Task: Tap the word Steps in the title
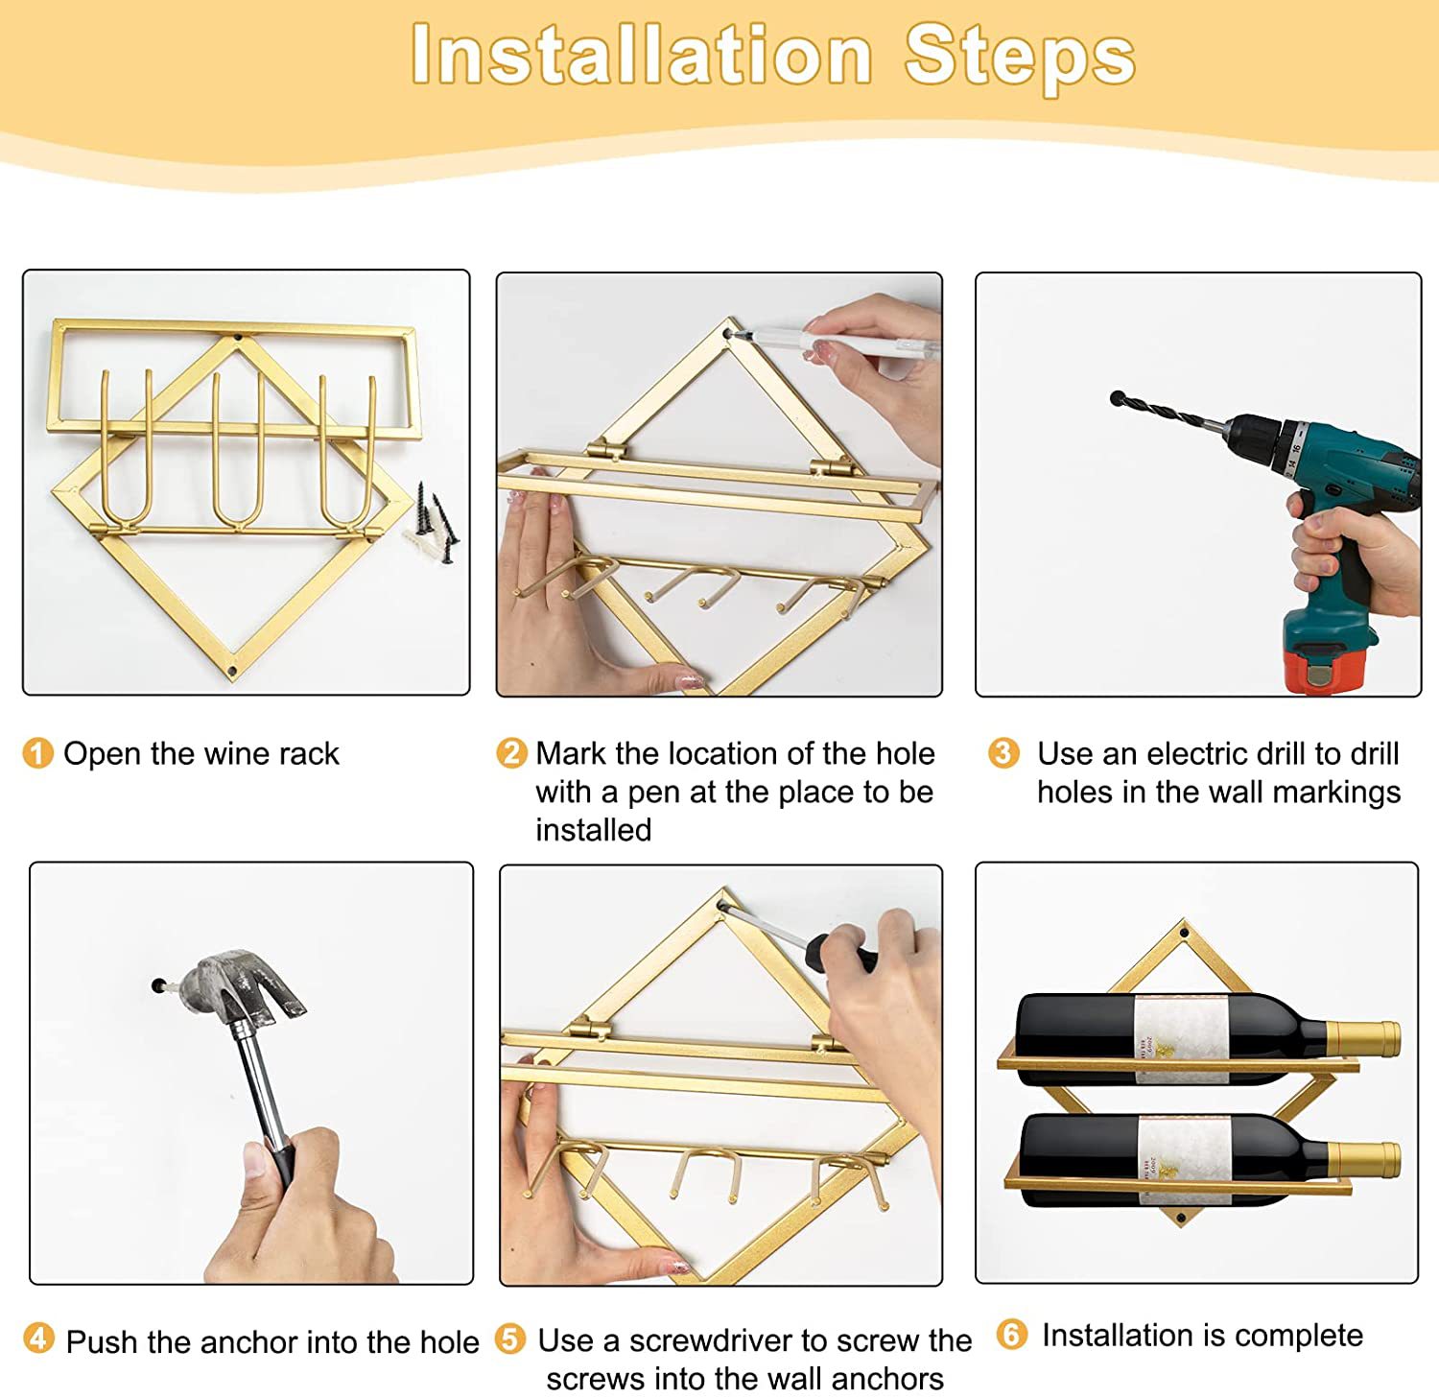click(x=1020, y=56)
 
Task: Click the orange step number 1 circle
click(x=37, y=753)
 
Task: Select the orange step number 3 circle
click(x=1003, y=752)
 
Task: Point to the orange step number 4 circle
click(x=38, y=1338)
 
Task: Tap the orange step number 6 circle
click(x=1012, y=1334)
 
